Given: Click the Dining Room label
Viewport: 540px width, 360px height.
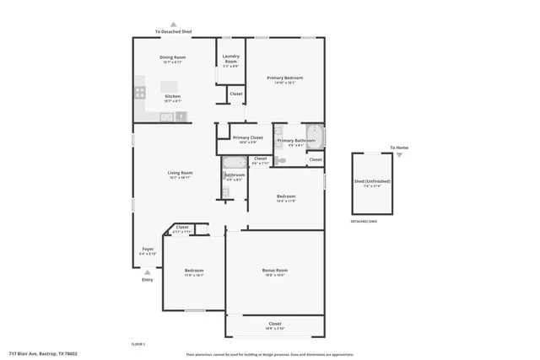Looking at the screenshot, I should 172,57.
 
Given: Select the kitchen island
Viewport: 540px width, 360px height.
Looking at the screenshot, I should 170,85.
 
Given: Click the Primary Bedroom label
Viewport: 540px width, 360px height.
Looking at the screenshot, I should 284,78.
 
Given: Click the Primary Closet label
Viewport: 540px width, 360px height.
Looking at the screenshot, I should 247,137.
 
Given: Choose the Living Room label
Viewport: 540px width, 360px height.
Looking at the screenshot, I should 180,173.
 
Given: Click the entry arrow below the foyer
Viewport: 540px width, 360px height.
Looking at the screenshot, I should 148,271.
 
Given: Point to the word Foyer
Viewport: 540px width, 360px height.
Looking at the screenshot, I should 148,249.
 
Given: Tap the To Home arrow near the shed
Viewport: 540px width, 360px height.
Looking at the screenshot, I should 399,155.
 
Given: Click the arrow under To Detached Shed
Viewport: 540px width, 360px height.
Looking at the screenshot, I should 173,24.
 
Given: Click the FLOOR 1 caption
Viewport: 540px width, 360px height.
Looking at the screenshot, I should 138,345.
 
